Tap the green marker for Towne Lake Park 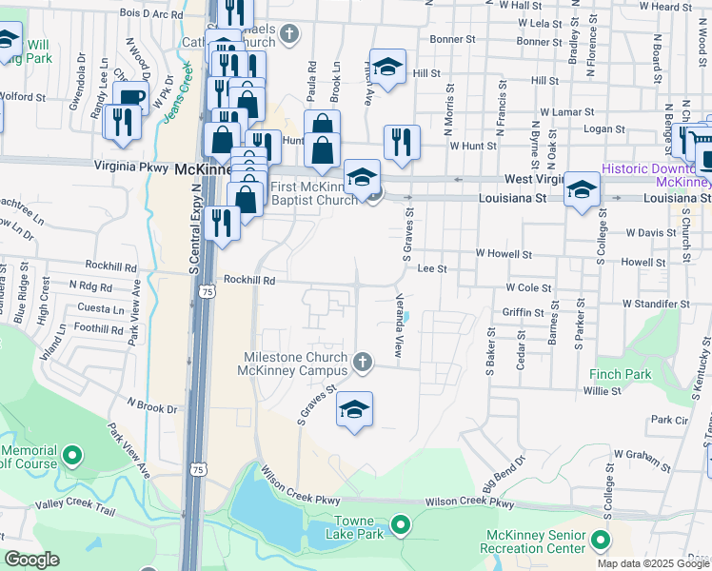tap(401, 524)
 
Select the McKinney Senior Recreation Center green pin tap(600, 541)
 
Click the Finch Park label tap(621, 374)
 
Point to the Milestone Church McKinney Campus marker tap(362, 361)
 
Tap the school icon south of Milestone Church tap(354, 410)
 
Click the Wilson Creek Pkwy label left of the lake tap(294, 478)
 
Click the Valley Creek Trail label tap(75, 509)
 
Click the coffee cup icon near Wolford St tap(130, 98)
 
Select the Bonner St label tap(452, 40)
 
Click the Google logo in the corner tap(32, 560)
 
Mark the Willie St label tap(602, 390)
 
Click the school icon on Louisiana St tap(581, 189)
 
